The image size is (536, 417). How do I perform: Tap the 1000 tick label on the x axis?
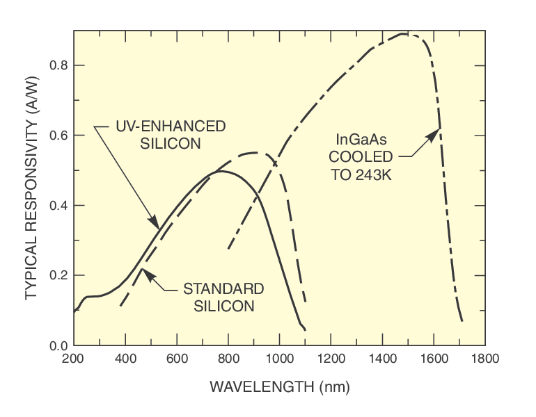coord(279,359)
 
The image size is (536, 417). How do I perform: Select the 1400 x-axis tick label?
coord(382,359)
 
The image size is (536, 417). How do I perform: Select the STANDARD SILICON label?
coord(223,297)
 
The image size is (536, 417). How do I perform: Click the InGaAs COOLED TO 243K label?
coord(361,156)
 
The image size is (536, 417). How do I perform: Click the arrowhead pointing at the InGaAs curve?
coord(436,133)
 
